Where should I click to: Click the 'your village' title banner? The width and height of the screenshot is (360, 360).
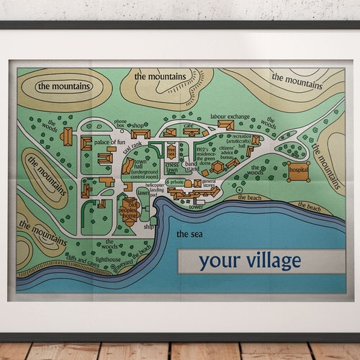pyautogui.click(x=250, y=261)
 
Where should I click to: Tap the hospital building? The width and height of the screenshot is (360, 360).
pyautogui.click(x=298, y=171)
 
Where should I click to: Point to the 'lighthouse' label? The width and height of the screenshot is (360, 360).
pyautogui.click(x=108, y=258)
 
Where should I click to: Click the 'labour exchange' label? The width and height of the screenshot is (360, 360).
pyautogui.click(x=230, y=117)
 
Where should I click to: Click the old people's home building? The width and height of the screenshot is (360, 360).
pyautogui.click(x=130, y=209)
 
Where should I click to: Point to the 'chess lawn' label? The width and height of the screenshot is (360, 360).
pyautogui.click(x=171, y=168)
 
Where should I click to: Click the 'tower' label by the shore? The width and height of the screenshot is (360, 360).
pyautogui.click(x=196, y=207)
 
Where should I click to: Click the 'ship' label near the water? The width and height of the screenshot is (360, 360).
pyautogui.click(x=149, y=226)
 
